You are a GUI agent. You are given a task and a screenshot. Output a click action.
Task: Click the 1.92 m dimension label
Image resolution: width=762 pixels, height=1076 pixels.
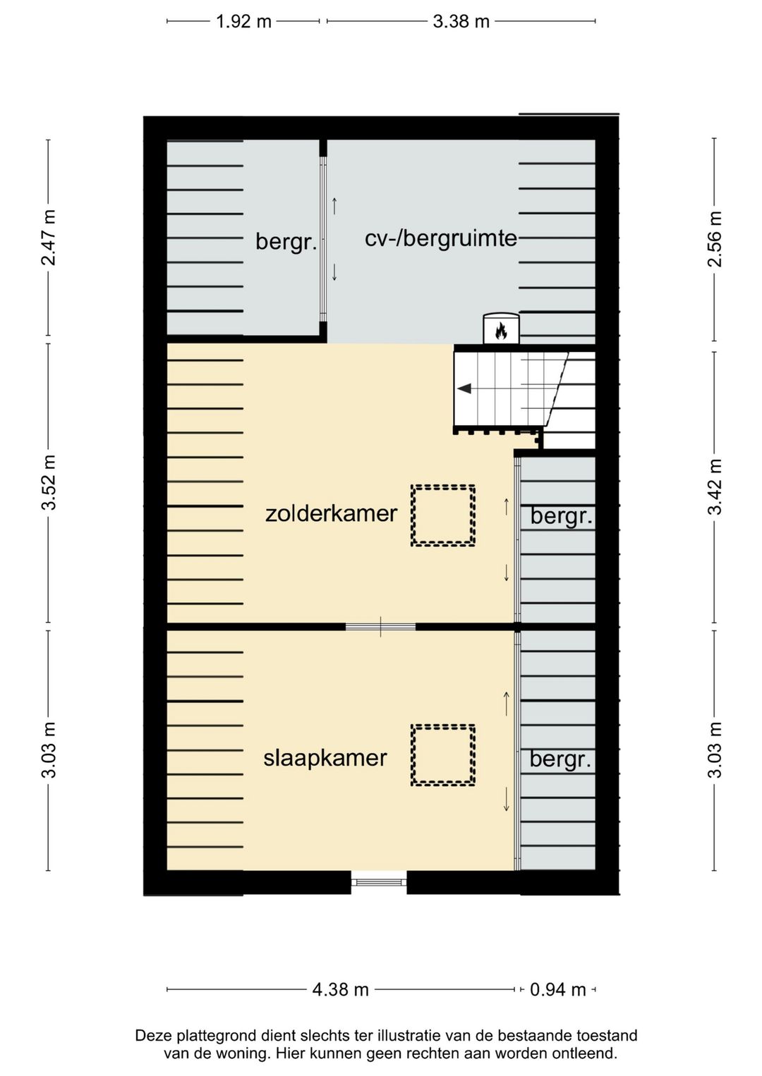pos(243,21)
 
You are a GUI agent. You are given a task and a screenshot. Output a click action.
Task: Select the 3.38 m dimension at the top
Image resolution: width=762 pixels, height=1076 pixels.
pos(461,21)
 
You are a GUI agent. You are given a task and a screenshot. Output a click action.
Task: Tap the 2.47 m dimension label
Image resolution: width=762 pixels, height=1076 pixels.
pos(49,238)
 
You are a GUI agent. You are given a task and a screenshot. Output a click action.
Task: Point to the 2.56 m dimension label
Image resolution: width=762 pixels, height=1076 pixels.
pos(715,239)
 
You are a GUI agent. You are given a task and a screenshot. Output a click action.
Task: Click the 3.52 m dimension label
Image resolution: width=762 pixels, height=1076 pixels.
pos(49,482)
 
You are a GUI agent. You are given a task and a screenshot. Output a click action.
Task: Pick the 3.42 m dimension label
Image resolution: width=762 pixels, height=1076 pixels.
pos(715,487)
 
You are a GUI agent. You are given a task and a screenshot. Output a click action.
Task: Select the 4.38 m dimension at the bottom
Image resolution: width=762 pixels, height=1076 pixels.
pos(340,989)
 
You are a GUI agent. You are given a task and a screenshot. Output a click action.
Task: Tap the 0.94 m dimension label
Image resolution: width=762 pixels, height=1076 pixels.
pos(557,989)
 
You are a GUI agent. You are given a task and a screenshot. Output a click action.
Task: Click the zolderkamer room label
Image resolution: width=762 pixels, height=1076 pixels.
pos(331,513)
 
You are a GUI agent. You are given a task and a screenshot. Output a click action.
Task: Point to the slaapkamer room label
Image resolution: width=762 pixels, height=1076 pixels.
pos(325,758)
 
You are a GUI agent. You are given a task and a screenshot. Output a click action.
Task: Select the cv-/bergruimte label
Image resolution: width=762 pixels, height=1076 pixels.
pos(440,238)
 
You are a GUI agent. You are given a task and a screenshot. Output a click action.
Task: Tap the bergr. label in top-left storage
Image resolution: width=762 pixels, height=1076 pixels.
pos(285,242)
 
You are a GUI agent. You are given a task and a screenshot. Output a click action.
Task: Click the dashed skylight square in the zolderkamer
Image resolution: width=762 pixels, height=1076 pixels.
pos(443,515)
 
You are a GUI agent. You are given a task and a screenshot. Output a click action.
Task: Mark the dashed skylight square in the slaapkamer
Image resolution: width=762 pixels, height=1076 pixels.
pos(443,755)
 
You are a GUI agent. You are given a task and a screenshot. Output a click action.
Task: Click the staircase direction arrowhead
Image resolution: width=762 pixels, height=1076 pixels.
pos(464,388)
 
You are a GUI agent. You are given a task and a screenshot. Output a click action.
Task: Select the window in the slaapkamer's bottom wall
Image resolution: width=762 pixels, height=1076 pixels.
pos(379,881)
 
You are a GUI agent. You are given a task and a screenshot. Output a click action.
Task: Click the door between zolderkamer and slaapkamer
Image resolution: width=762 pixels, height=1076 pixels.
pos(380,626)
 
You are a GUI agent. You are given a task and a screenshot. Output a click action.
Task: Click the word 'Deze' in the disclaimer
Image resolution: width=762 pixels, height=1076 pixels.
pos(153,1036)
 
